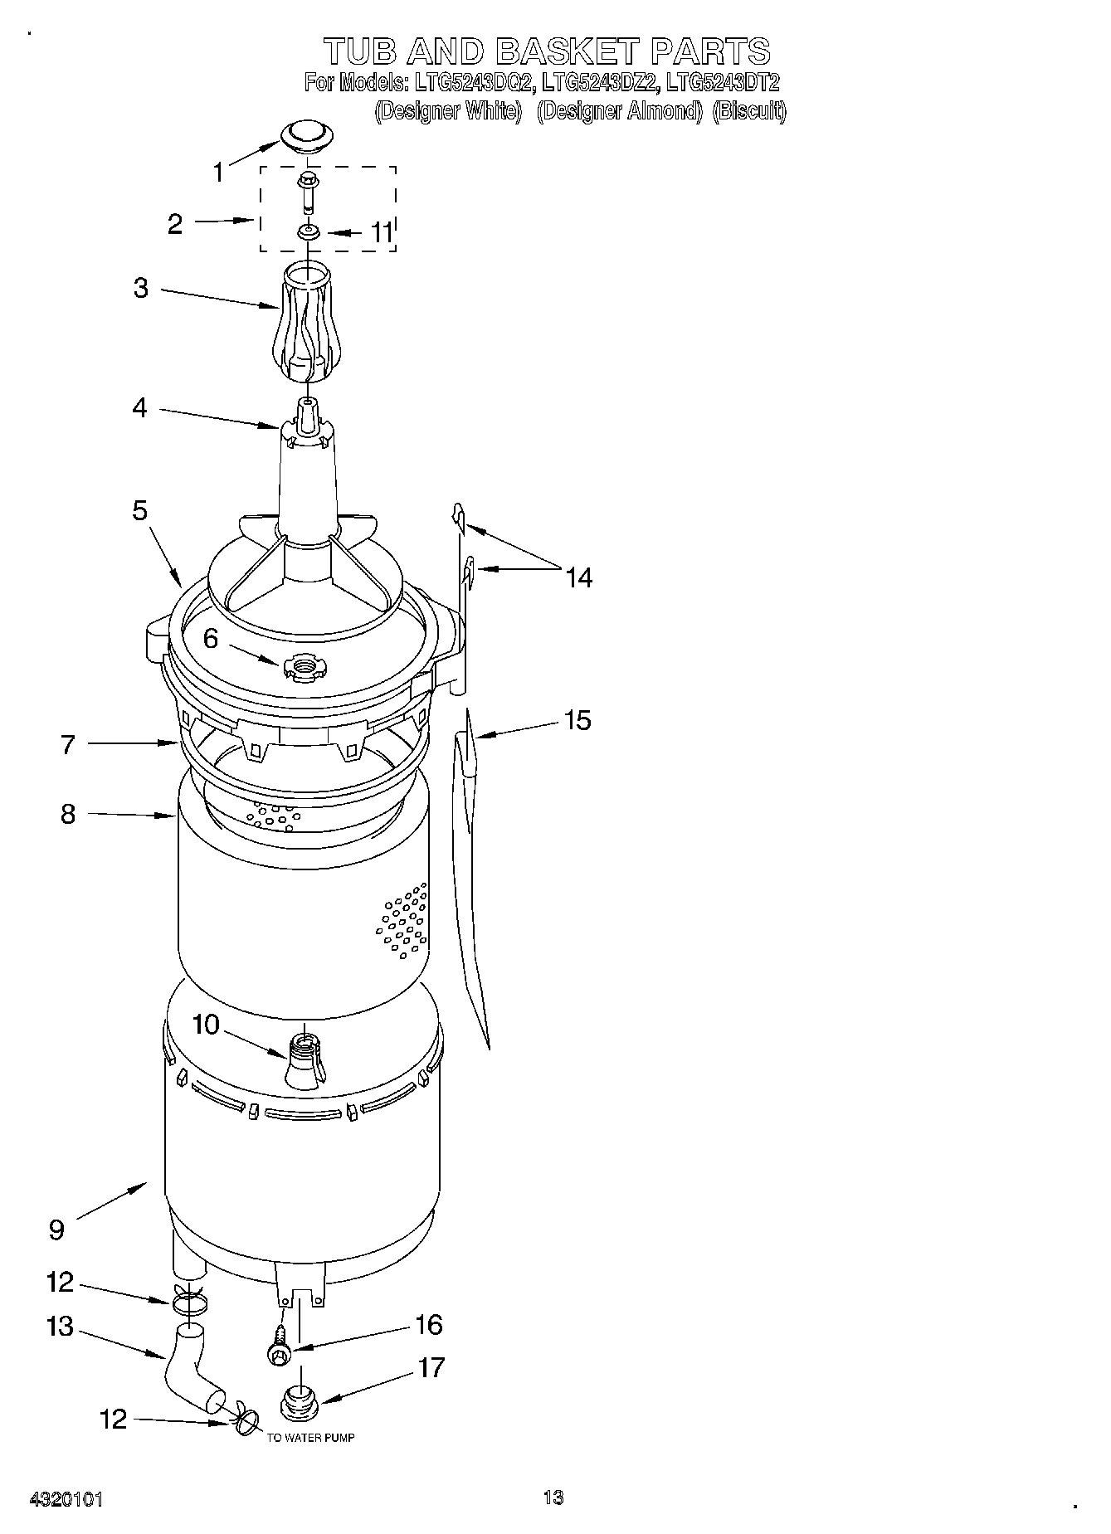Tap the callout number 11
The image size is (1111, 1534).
tap(380, 232)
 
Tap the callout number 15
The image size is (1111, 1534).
tap(577, 720)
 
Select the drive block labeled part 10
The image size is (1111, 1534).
tap(305, 1060)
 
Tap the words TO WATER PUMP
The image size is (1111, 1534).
tap(310, 1438)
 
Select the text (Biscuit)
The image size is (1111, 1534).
tap(749, 110)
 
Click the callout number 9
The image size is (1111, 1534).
tap(56, 1230)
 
